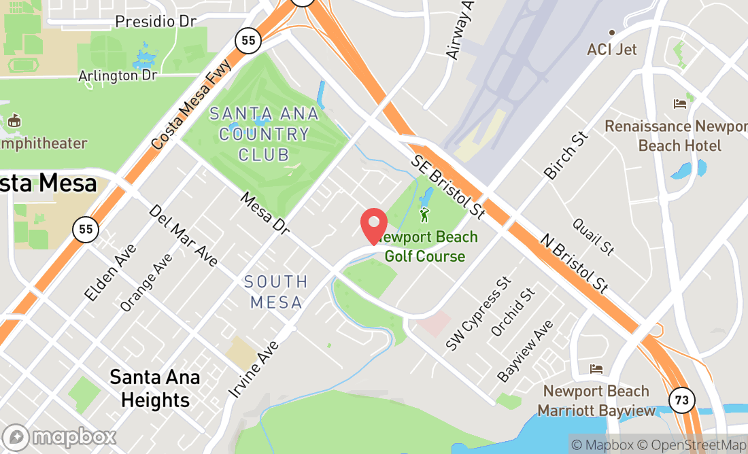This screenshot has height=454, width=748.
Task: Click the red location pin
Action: [x=373, y=226]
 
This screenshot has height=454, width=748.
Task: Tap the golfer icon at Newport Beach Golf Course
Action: [x=425, y=215]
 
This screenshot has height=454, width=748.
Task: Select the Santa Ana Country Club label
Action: [x=264, y=134]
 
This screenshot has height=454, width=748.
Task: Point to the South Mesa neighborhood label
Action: [x=276, y=292]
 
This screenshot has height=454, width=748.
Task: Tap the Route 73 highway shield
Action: [x=681, y=400]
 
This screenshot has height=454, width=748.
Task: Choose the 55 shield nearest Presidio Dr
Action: [x=248, y=41]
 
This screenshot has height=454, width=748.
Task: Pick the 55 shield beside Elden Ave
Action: [x=86, y=229]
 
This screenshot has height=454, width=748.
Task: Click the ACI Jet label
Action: [x=612, y=50]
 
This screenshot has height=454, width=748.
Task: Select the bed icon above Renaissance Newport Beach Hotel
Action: [x=679, y=104]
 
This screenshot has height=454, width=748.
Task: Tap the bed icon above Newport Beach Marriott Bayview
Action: [x=596, y=369]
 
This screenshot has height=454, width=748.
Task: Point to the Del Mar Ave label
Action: [x=183, y=235]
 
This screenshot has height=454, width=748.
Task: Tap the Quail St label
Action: [x=594, y=237]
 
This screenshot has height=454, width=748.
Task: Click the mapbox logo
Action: [x=59, y=437]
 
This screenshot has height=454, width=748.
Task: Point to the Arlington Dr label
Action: [x=118, y=75]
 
